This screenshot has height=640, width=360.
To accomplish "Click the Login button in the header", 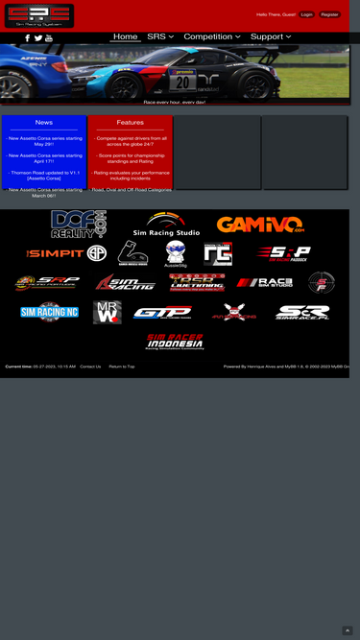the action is pyautogui.click(x=306, y=14).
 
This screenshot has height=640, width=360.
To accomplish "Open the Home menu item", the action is pyautogui.click(x=126, y=36).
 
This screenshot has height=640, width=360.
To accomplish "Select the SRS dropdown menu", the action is pyautogui.click(x=160, y=36).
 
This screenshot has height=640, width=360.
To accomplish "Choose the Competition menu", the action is pyautogui.click(x=212, y=36).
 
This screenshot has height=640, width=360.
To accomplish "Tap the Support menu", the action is pyautogui.click(x=272, y=36).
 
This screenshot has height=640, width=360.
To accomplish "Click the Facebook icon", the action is pyautogui.click(x=27, y=38).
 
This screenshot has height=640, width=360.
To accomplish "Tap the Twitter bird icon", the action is pyautogui.click(x=38, y=38).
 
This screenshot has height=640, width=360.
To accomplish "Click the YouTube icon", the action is pyautogui.click(x=49, y=38).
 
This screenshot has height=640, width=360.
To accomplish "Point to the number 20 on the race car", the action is pyautogui.click(x=181, y=83).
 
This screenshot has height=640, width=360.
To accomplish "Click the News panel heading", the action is pyautogui.click(x=44, y=123).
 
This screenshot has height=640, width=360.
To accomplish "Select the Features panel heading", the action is pyautogui.click(x=130, y=123).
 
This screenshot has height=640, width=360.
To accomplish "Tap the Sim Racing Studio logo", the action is pyautogui.click(x=166, y=225).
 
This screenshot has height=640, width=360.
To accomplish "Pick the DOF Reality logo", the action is pyautogui.click(x=79, y=225).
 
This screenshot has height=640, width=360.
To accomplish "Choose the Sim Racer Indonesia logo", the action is pyautogui.click(x=175, y=343).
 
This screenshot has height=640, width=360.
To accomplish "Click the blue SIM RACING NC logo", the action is pyautogui.click(x=50, y=312).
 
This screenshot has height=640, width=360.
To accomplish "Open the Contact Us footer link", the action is pyautogui.click(x=90, y=367).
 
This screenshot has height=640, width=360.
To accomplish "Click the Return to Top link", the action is pyautogui.click(x=122, y=367).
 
